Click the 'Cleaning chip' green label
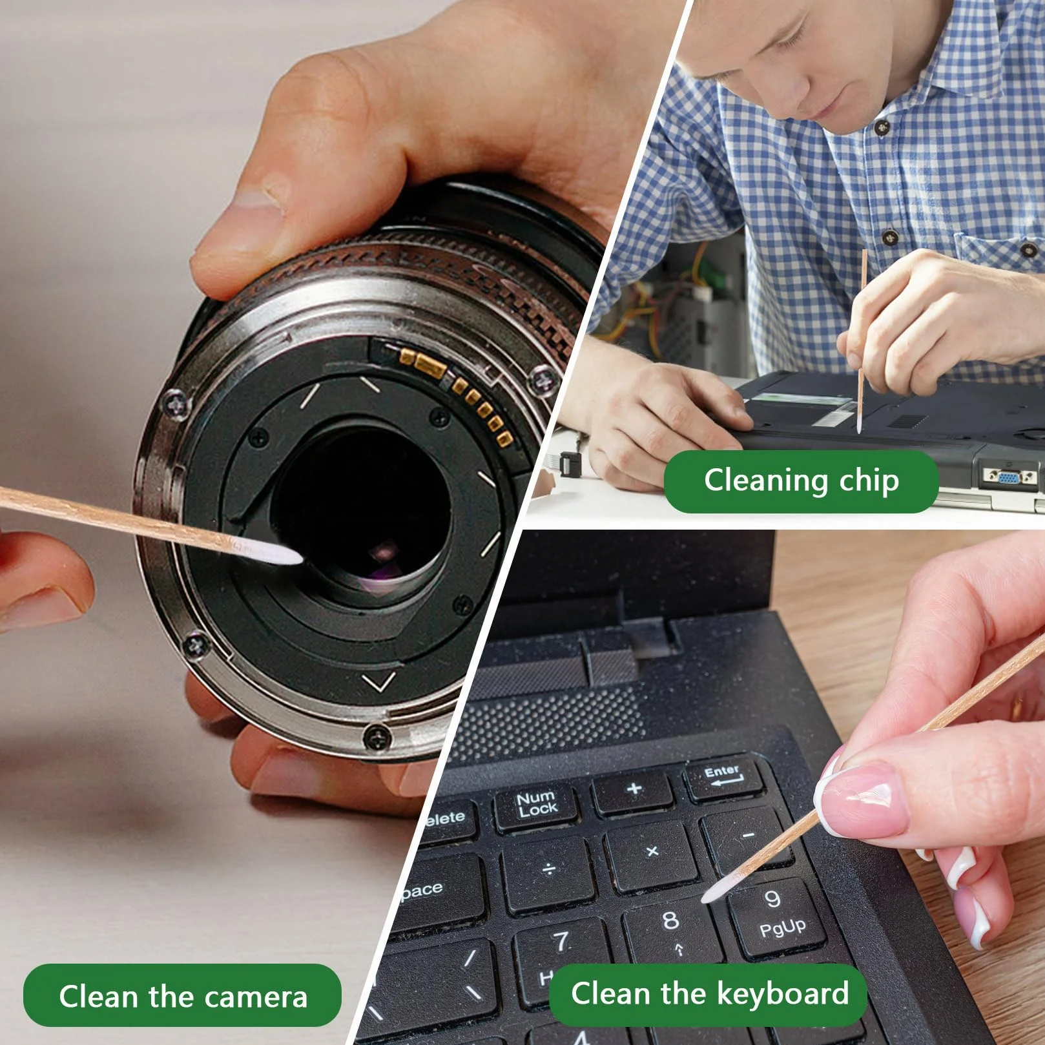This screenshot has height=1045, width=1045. pos(801,481)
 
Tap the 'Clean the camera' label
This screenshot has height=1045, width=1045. pos(182,995)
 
